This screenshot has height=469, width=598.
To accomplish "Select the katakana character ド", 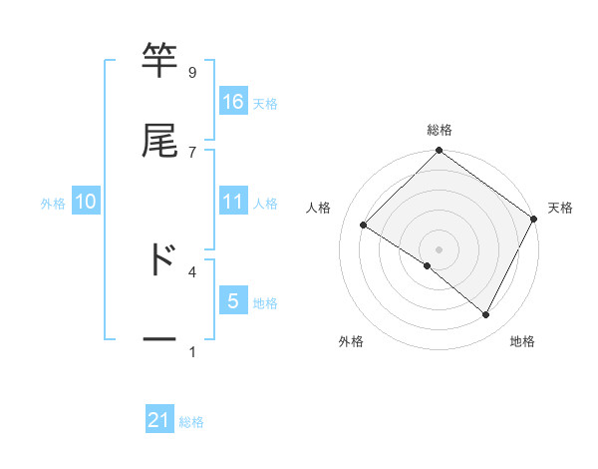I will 159,258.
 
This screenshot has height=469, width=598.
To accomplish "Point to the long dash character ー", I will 159,339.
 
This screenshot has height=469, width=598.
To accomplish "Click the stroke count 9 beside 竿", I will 192,72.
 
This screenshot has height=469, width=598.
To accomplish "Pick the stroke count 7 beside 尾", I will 192,152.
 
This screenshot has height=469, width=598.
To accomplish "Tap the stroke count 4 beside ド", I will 192,270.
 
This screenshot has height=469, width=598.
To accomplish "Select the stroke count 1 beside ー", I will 192,351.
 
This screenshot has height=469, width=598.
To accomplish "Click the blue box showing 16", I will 233,102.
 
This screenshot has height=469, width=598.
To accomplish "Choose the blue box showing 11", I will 233,202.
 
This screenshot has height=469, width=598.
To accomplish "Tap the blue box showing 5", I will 233,301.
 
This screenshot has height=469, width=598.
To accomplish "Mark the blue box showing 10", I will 86,202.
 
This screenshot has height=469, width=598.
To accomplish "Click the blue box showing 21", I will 159,421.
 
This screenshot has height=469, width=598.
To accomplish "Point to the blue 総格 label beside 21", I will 191,422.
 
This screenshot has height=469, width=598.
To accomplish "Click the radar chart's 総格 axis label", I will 440,131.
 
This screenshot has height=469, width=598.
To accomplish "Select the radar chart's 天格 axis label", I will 560,208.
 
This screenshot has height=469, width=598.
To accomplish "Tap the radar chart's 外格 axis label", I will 351,342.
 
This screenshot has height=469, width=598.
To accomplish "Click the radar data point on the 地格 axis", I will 486,315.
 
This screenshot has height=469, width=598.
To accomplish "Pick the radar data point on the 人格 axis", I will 364,225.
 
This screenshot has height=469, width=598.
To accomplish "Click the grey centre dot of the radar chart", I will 440,248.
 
